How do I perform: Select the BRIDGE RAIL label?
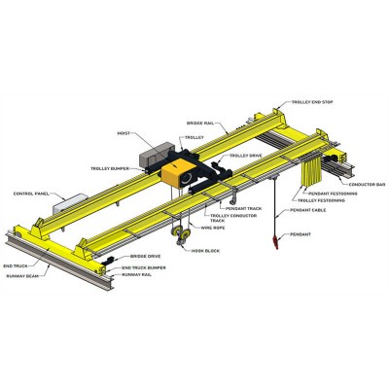202,124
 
